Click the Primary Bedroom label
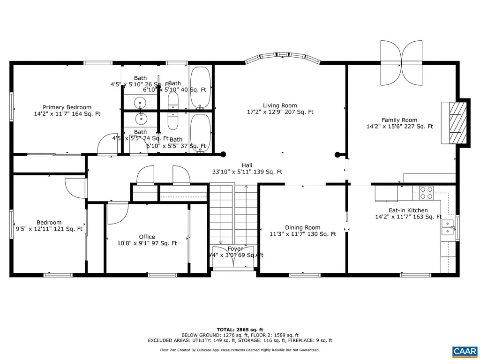(x=67, y=107)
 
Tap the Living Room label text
(x=280, y=105)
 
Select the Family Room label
(x=399, y=120)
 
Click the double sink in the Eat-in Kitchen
(x=448, y=227)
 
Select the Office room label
(x=147, y=237)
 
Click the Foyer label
(x=235, y=249)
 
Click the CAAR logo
(x=465, y=351)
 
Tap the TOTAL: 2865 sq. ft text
(x=240, y=330)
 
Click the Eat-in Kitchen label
(x=401, y=210)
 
